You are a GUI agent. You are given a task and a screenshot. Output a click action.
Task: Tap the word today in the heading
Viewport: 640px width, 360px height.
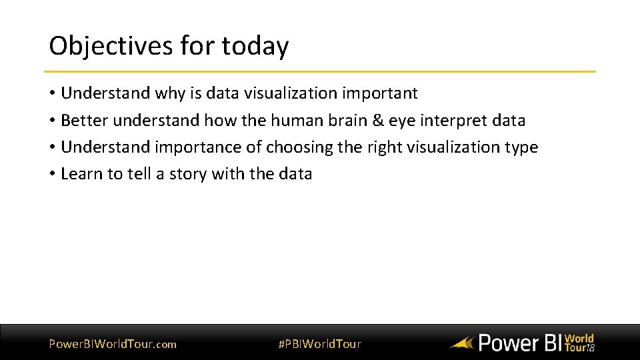[255, 46]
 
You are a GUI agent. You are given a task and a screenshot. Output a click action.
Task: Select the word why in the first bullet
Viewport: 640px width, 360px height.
[169, 93]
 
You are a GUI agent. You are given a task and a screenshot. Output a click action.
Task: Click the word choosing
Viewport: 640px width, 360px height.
[299, 147]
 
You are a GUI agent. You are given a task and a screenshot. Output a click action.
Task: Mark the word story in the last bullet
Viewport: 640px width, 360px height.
[188, 174]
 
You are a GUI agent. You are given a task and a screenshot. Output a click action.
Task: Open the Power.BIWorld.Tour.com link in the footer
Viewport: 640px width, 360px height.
[113, 344]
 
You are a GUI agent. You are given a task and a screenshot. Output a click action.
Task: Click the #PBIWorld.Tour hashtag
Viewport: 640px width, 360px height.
[319, 344]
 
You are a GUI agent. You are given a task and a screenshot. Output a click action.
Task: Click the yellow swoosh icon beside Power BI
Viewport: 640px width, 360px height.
[461, 344]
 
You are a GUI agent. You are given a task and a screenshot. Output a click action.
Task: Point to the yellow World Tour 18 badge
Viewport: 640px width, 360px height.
[579, 343]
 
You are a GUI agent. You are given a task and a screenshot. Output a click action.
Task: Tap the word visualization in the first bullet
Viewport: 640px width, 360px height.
[277, 93]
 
